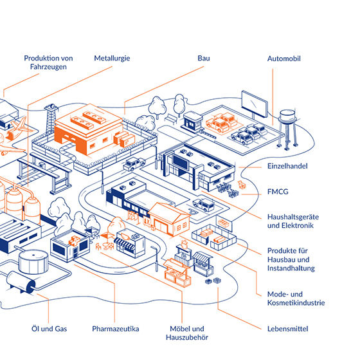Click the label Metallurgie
[x=112, y=59]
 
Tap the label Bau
[x=204, y=58]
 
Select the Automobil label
[x=284, y=59]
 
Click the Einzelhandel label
[x=287, y=166]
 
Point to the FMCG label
[x=278, y=192]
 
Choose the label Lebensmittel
[x=287, y=329]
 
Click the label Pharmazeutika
[x=116, y=329]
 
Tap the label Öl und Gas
[x=49, y=329]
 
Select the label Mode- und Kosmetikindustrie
[x=296, y=299]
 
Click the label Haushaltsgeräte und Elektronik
[x=293, y=221]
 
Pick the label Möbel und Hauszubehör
[x=187, y=333]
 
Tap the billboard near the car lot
[x=255, y=104]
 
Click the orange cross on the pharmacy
[x=74, y=241]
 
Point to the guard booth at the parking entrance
[x=193, y=120]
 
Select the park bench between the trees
[x=171, y=118]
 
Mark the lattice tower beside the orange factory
[x=51, y=120]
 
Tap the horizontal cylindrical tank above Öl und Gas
[x=21, y=282]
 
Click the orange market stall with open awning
[x=177, y=273]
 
